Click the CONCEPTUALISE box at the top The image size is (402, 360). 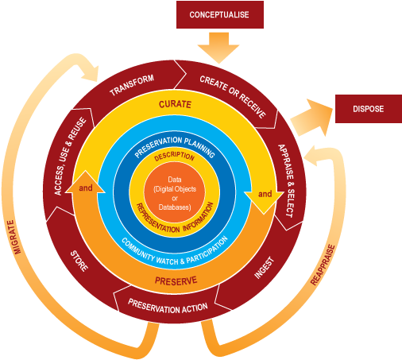click(x=218, y=14)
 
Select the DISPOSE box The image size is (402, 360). click(x=368, y=109)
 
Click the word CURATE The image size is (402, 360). click(x=176, y=105)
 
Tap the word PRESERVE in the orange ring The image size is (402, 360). click(x=176, y=281)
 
